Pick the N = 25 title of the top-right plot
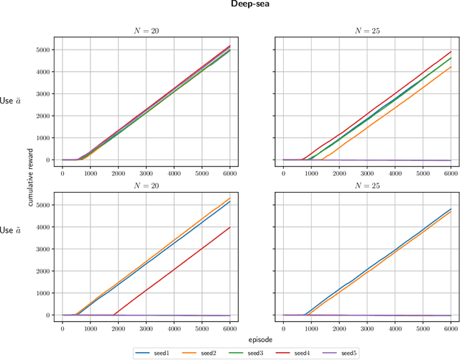tap(367, 31)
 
